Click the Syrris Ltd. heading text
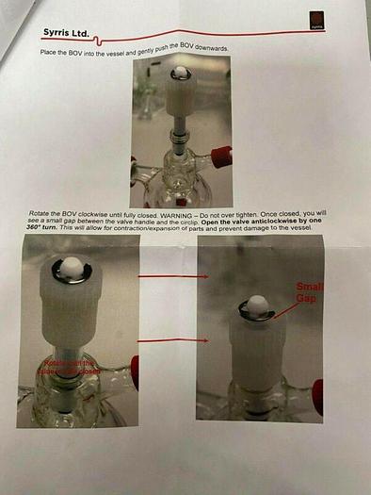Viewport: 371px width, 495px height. click(x=66, y=33)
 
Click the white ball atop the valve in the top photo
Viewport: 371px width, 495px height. click(x=179, y=73)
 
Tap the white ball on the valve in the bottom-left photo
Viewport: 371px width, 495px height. click(x=72, y=271)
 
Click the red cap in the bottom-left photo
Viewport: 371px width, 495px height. click(x=135, y=371)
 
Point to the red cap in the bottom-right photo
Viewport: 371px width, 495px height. click(x=317, y=396)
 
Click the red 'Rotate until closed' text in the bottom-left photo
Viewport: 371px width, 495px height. click(x=68, y=367)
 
